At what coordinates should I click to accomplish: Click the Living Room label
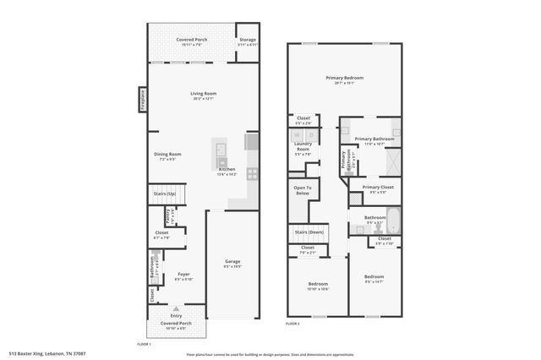pos(203,94)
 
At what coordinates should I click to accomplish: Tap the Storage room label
pos(247,40)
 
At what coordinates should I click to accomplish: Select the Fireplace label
pos(143,99)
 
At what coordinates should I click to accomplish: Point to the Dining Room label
pos(167,154)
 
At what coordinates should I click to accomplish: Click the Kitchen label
pos(227,169)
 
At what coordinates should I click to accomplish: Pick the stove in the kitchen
pos(252,173)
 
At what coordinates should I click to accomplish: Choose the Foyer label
pos(183,274)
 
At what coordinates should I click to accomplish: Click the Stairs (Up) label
pos(165,194)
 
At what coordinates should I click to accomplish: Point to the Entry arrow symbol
pos(176,309)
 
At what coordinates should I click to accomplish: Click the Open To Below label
pos(303,189)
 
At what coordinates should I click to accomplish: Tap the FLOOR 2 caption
pos(292,323)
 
